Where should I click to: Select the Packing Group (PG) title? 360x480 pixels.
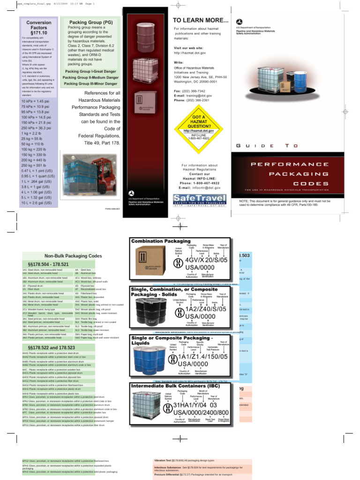(90, 22)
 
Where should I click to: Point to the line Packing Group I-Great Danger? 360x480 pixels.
(91, 71)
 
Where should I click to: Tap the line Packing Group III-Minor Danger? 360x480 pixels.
(91, 83)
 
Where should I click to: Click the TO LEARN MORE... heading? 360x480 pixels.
(201, 20)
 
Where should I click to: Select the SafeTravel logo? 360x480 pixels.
(199, 200)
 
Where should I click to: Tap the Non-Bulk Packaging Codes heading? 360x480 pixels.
(73, 256)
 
